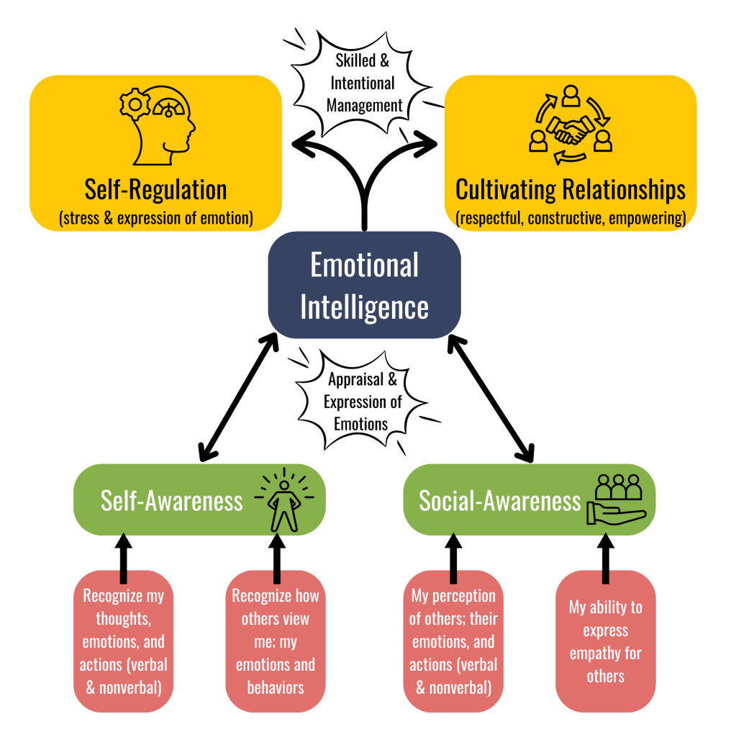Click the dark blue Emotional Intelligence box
click(364, 285)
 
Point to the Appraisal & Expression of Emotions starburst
click(361, 401)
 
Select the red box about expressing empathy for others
click(605, 641)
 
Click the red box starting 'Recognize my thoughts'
click(123, 641)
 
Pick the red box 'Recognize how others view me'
click(276, 641)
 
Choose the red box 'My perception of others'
click(453, 641)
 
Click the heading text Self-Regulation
click(155, 190)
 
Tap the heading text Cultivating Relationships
click(571, 190)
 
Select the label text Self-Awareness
click(171, 500)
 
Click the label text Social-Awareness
click(499, 500)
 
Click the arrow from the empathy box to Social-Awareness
click(605, 558)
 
